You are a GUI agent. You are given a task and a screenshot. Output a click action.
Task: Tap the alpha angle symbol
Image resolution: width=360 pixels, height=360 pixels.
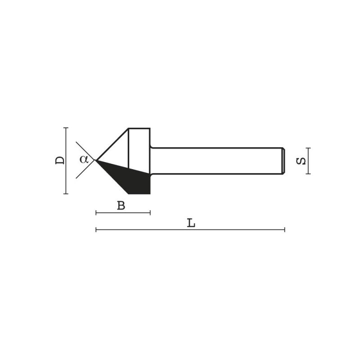[84, 158]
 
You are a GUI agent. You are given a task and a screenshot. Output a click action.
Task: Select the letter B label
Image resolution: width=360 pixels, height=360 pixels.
[121, 206]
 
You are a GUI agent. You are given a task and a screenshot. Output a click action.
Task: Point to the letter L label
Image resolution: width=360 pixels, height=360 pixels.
[191, 223]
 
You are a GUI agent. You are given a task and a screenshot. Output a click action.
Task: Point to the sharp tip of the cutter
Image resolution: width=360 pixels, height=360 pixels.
[96, 160]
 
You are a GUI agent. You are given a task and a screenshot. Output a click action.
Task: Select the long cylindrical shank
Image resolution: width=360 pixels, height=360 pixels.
[216, 161]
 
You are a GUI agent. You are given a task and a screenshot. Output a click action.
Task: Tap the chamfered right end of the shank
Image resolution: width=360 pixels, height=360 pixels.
[283, 161]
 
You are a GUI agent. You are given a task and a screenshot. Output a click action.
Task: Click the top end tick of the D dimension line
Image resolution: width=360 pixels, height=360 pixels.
[66, 128]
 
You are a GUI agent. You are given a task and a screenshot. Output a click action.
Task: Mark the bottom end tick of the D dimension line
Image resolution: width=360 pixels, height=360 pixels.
[66, 193]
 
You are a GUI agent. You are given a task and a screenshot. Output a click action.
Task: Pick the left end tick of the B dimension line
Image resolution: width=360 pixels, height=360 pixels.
[96, 212]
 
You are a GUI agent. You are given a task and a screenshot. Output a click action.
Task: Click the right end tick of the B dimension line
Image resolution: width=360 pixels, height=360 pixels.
[150, 212]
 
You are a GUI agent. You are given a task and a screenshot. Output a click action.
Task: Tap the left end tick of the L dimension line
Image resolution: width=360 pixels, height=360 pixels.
[96, 229]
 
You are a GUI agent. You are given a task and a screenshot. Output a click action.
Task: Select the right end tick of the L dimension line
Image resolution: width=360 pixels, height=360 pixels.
[284, 229]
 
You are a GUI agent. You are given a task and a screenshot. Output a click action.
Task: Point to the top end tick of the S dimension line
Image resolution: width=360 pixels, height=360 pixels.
[308, 148]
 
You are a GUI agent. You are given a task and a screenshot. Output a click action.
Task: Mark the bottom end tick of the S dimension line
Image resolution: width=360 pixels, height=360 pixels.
[308, 174]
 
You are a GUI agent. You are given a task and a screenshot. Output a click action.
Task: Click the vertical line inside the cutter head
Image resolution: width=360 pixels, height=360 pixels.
[129, 148]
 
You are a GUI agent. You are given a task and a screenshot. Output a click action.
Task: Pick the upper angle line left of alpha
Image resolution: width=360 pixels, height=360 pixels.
[85, 150]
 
